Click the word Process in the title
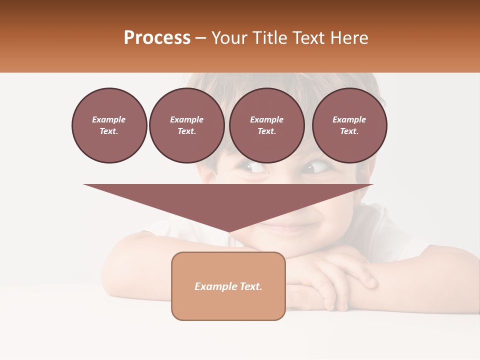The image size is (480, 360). [x=157, y=37]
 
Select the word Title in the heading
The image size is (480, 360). [x=269, y=37]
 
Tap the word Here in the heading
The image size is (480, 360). [x=348, y=37]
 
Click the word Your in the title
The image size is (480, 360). [x=229, y=37]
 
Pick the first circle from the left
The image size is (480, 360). [x=109, y=125]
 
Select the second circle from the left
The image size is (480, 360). [x=187, y=125]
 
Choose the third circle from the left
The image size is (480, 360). [x=267, y=125]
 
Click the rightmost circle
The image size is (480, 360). [x=349, y=125]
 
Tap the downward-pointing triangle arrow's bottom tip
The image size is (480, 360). [x=228, y=231]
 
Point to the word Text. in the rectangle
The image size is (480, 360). [x=250, y=286]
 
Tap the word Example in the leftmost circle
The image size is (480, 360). [x=109, y=119]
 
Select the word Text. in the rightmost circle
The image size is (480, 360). [x=349, y=131]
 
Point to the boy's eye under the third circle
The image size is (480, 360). [x=254, y=167]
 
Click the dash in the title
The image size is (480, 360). [x=201, y=37]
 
